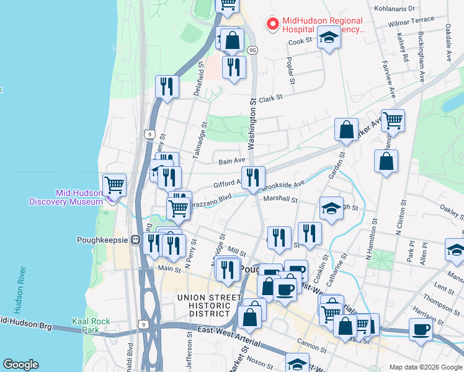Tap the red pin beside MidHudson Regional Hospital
[x=272, y=24]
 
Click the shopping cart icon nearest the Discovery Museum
[x=114, y=185]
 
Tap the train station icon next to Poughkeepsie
[x=135, y=240]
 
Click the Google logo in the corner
[x=20, y=365]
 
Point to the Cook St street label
[x=299, y=42]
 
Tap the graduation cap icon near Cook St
[x=329, y=39]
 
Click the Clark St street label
[x=270, y=98]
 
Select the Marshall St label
[x=280, y=200]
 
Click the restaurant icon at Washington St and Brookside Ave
[x=253, y=178]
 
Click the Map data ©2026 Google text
[x=425, y=366]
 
